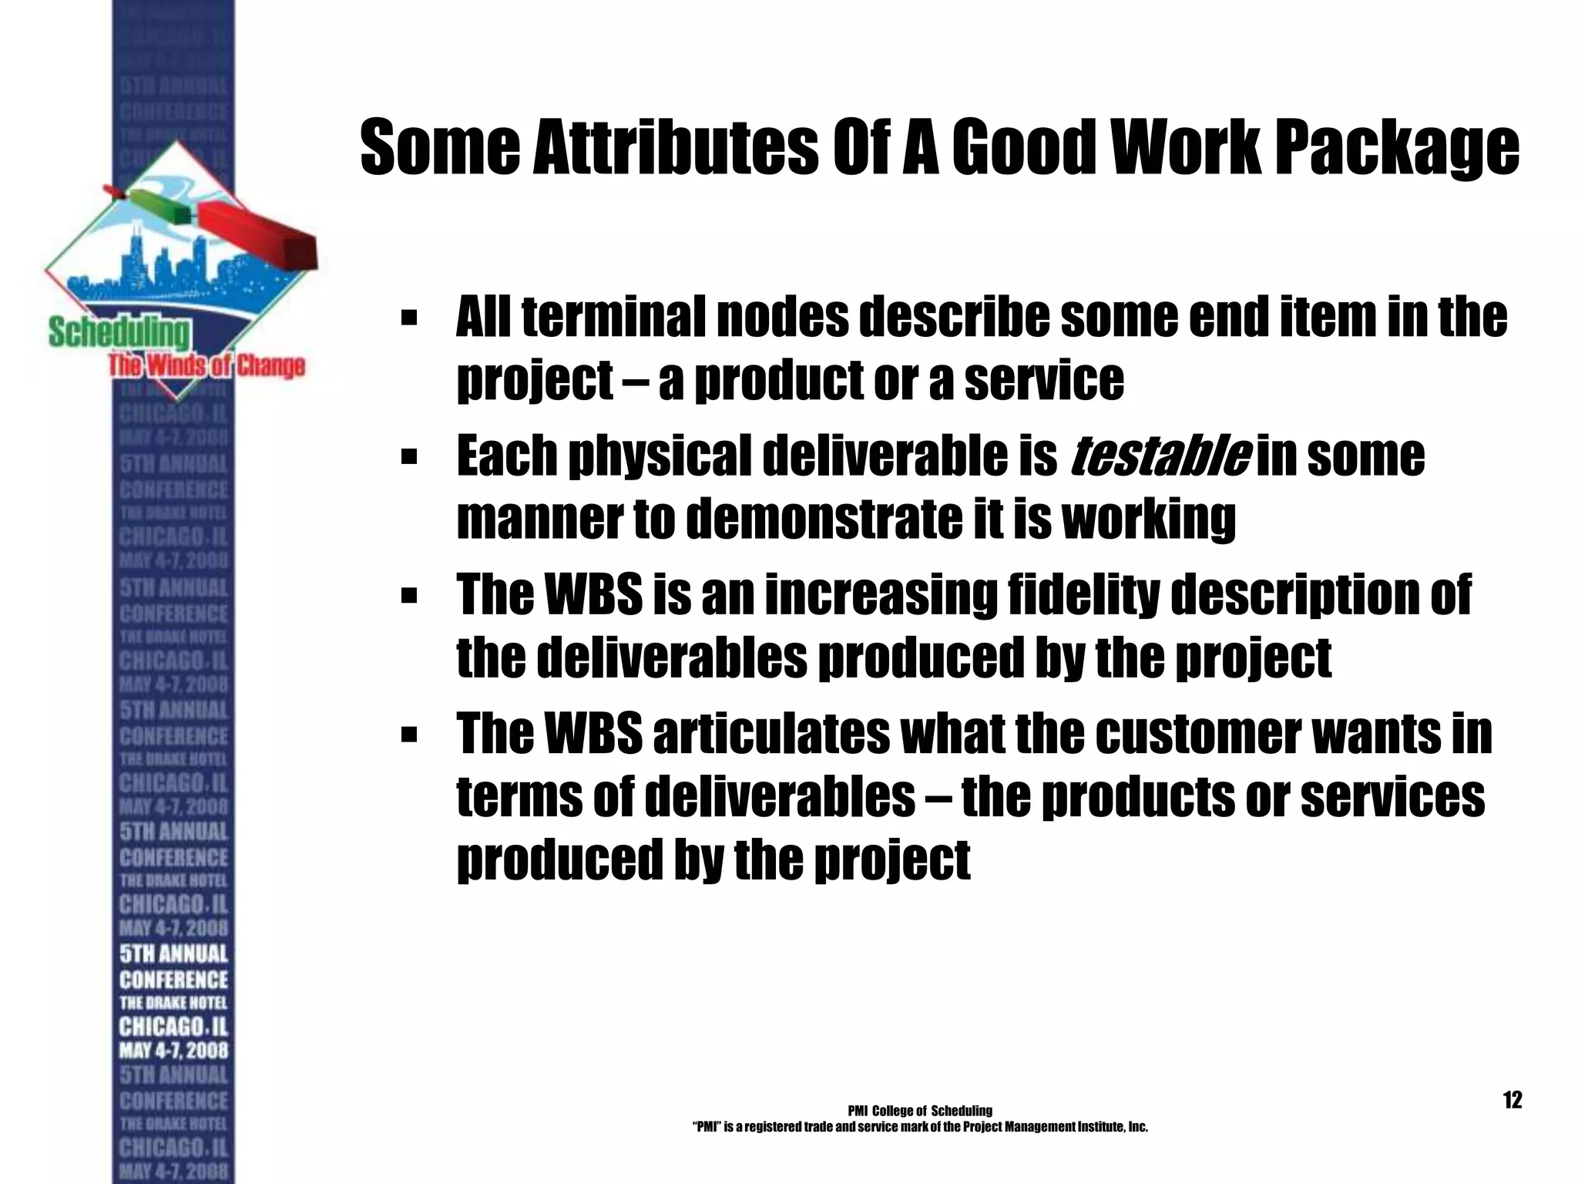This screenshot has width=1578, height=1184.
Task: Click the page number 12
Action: (x=1513, y=1100)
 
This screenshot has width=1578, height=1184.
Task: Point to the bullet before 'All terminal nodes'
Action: (x=409, y=318)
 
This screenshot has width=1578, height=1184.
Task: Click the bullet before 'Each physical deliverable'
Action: (x=409, y=456)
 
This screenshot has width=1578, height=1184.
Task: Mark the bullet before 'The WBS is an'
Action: (x=409, y=595)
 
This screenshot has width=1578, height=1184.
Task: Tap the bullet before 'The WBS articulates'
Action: (x=409, y=734)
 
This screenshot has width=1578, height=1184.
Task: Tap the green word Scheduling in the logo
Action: (x=118, y=333)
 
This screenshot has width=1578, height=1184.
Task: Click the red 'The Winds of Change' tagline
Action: (x=206, y=365)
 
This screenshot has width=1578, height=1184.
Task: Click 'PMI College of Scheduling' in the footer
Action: (x=919, y=1111)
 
